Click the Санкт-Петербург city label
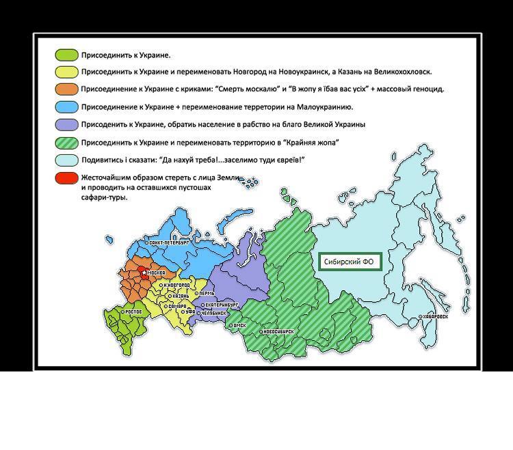pos(169,242)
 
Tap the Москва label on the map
pos(154,273)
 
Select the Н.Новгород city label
pos(176,285)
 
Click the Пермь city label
pos(207,294)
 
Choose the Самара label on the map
pos(176,307)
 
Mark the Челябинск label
pos(216,313)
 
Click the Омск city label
pos(239,326)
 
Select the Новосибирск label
pos(278,332)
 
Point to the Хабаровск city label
pos(436,317)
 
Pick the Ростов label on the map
pos(133,312)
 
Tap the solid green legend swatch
pos(66,55)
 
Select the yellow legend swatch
pos(66,72)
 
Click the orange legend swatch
pos(66,89)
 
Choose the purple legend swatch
pos(66,124)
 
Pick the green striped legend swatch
pos(66,143)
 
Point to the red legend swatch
pos(66,178)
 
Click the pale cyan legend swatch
pos(66,160)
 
